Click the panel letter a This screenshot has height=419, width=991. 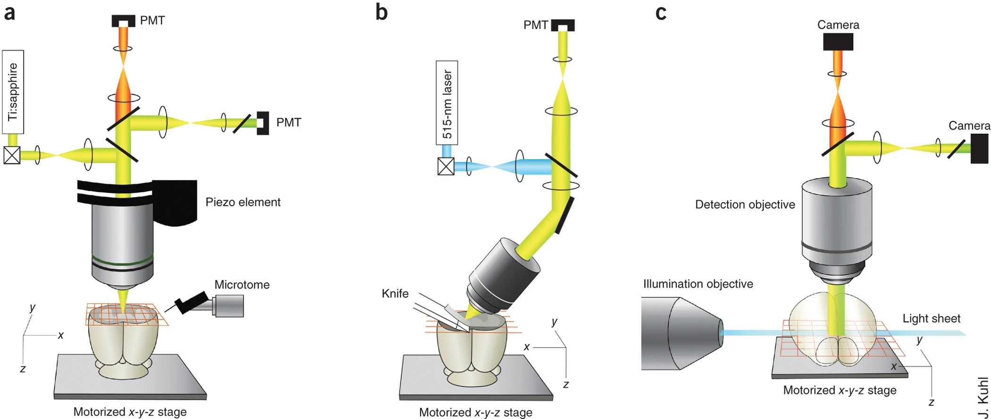pos(9,13)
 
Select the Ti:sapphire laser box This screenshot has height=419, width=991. pos(13,92)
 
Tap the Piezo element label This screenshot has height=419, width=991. pos(243,202)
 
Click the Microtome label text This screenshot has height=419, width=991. pos(242,285)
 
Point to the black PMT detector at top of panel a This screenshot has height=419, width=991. pos(123,21)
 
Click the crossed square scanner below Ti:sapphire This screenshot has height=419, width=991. pos(12,155)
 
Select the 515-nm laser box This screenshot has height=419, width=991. pos(446,103)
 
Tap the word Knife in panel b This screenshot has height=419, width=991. pos(395,294)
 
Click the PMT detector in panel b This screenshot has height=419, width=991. pos(563,25)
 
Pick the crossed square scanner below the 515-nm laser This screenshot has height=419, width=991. pos(446,166)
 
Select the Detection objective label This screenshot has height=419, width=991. pos(745,205)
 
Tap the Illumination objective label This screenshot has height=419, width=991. pos(697,284)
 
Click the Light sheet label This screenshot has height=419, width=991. pos(931,319)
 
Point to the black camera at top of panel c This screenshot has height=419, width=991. pos(838,42)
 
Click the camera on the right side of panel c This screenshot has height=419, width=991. pos(979,148)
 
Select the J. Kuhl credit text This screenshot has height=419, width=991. pos(983,397)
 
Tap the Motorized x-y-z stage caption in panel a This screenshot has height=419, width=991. pos(130,412)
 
